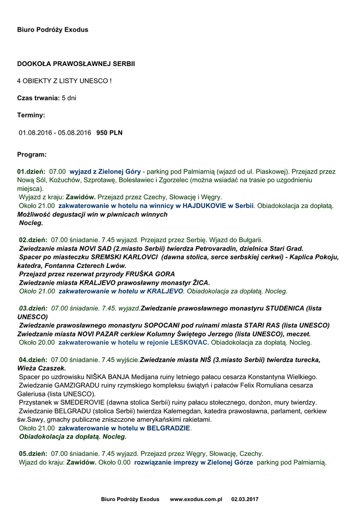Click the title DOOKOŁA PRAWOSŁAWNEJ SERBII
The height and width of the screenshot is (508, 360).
click(x=76, y=64)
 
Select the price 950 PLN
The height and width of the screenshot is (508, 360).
click(x=109, y=133)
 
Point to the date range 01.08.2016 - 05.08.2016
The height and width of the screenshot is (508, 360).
click(x=55, y=133)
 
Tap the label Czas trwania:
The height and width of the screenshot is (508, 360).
click(x=39, y=98)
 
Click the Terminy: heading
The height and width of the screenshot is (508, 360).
click(x=31, y=115)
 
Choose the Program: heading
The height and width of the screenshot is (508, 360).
click(x=32, y=154)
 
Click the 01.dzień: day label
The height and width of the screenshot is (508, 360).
click(x=31, y=171)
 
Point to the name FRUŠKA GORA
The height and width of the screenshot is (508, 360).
click(x=153, y=274)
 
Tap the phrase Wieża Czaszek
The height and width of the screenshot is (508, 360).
click(x=41, y=368)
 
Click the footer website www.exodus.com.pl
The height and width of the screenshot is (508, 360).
click(x=196, y=499)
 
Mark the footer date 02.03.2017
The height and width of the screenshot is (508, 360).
click(x=245, y=499)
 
